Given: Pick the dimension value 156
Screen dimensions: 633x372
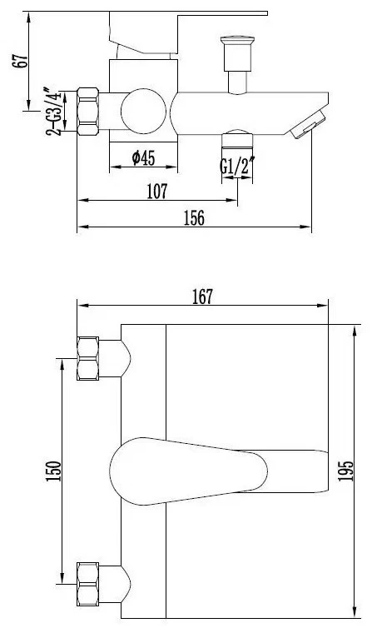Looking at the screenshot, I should coord(193,217).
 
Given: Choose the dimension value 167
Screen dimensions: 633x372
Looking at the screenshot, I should coord(202,296).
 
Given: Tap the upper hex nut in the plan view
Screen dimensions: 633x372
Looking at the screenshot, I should coord(88,357).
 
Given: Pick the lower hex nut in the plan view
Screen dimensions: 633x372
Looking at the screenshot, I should coord(88,583).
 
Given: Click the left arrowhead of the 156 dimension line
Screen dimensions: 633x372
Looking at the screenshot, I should coord(81,227).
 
